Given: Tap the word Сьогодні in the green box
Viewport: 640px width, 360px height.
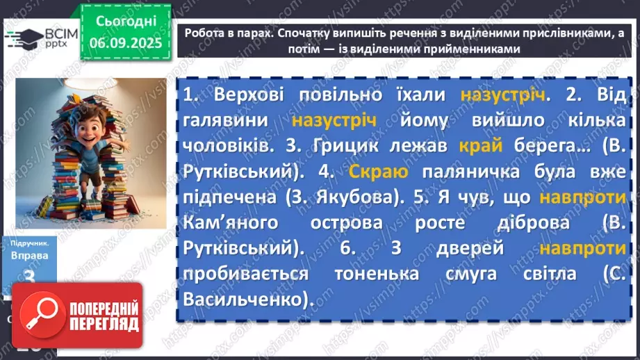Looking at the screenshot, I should (125, 21).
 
